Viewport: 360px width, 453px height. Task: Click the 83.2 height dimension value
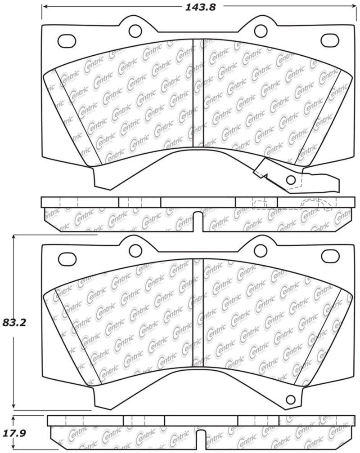(x=15, y=322)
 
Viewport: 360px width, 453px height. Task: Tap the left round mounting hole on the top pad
(x=135, y=31)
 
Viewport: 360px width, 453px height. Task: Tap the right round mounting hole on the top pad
(x=260, y=31)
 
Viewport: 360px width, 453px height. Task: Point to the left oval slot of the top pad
(x=67, y=40)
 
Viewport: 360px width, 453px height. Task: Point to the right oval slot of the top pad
(x=328, y=40)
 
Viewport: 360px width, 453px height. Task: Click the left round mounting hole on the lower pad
(x=135, y=249)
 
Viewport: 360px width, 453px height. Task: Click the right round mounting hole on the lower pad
(x=260, y=249)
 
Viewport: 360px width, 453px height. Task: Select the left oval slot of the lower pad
(x=67, y=259)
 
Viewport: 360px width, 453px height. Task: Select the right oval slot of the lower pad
(x=328, y=259)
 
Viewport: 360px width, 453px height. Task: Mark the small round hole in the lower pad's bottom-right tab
(x=291, y=398)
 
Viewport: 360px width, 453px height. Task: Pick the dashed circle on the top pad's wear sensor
(x=291, y=180)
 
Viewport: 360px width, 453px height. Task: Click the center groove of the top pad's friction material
(x=198, y=94)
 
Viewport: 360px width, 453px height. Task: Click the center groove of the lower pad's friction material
(x=198, y=315)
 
